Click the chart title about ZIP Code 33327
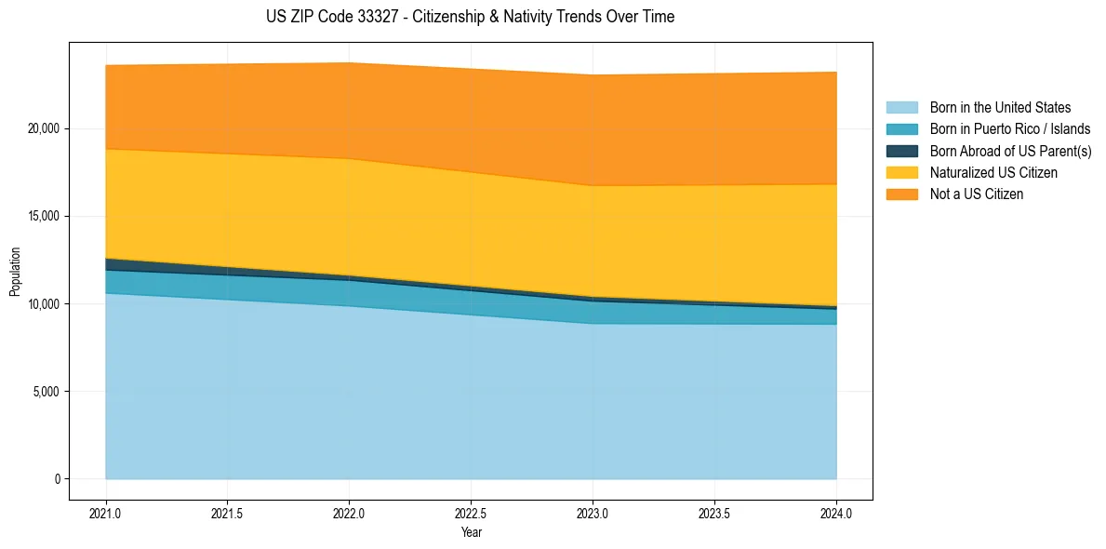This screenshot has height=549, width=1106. pyautogui.click(x=470, y=17)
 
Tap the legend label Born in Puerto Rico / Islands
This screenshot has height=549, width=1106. pyautogui.click(x=1010, y=129)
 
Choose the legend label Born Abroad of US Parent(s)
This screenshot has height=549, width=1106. pyautogui.click(x=1010, y=151)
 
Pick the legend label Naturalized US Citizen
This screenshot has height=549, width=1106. pyautogui.click(x=993, y=173)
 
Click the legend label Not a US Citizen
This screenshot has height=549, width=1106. pyautogui.click(x=976, y=194)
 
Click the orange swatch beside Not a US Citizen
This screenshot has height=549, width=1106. pyautogui.click(x=901, y=194)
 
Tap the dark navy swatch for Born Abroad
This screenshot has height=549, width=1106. pyautogui.click(x=901, y=151)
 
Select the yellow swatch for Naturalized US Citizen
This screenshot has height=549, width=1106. pyautogui.click(x=901, y=173)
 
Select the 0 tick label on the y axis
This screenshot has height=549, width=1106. pyautogui.click(x=57, y=479)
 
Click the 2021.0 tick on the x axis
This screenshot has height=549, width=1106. pyautogui.click(x=106, y=513)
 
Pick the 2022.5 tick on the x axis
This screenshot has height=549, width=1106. pyautogui.click(x=471, y=513)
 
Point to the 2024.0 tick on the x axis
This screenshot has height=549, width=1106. pyautogui.click(x=836, y=513)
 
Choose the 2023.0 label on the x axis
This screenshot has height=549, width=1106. pyautogui.click(x=593, y=513)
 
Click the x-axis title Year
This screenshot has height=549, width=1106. pyautogui.click(x=471, y=533)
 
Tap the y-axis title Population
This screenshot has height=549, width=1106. pyautogui.click(x=15, y=272)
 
